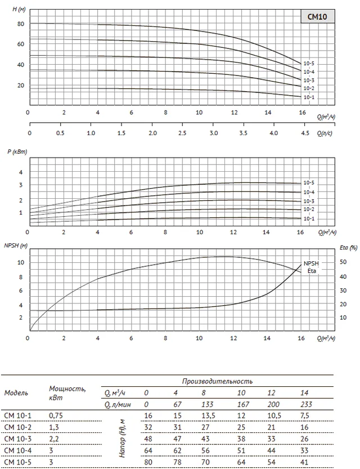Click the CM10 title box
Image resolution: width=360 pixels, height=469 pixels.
(x=317, y=16)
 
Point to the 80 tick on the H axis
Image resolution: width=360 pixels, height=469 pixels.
(x=21, y=24)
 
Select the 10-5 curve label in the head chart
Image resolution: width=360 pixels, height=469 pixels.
(x=309, y=64)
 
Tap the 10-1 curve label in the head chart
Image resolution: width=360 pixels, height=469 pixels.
(x=309, y=97)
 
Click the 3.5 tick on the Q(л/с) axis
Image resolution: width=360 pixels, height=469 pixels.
(x=243, y=133)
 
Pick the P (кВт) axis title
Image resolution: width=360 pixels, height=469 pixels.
(x=17, y=151)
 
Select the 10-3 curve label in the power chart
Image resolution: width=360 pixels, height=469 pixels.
(x=309, y=202)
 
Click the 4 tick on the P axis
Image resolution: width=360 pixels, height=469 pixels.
(x=21, y=172)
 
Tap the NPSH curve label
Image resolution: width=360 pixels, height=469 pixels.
(x=311, y=263)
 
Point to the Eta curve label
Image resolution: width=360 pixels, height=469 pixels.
(x=312, y=271)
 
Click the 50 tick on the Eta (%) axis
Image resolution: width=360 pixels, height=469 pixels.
(x=343, y=262)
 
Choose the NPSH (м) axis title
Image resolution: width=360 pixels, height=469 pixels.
(x=16, y=246)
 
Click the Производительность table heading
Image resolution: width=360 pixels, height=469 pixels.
(x=217, y=381)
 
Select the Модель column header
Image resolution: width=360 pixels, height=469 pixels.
(x=16, y=393)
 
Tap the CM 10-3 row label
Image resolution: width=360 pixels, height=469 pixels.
(x=17, y=439)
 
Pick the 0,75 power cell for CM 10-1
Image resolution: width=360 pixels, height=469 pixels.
(x=56, y=416)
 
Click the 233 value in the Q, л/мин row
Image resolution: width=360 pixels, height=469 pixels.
(x=306, y=405)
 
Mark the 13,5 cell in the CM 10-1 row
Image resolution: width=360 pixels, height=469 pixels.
(x=208, y=416)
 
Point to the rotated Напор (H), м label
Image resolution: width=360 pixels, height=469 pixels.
(x=122, y=438)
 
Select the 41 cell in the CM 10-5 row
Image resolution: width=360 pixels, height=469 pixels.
(x=304, y=462)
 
